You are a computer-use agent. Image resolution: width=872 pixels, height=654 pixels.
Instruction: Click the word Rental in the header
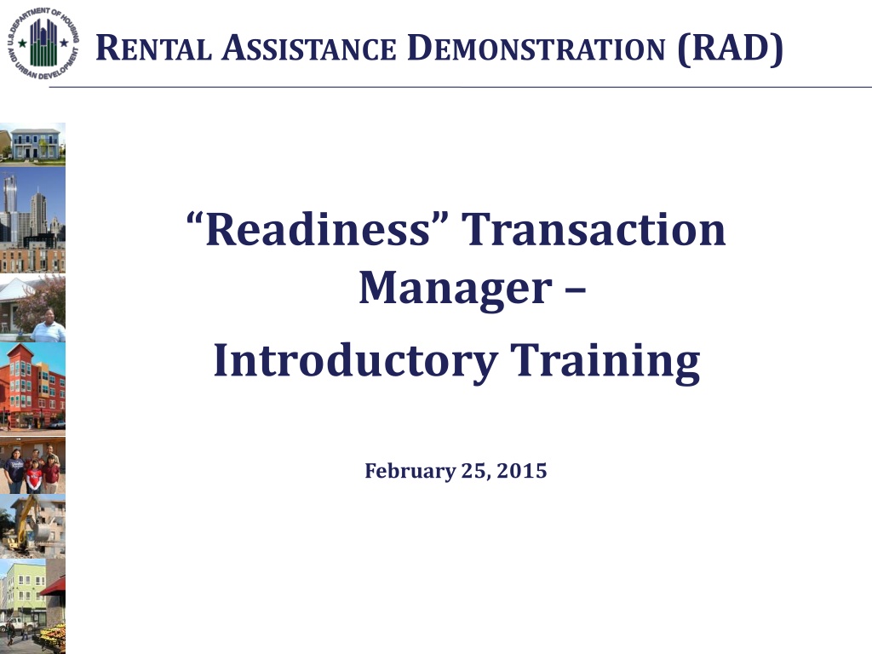[153, 48]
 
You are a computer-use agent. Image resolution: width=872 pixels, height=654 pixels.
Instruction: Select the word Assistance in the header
[308, 48]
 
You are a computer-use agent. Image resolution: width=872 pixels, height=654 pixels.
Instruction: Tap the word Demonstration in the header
[536, 48]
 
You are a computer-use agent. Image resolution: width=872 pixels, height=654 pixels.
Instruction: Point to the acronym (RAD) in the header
[730, 49]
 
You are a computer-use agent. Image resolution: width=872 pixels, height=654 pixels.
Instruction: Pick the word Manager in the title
[455, 289]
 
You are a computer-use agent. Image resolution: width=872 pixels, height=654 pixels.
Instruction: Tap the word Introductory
[355, 361]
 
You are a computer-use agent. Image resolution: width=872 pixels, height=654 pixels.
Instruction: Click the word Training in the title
[605, 361]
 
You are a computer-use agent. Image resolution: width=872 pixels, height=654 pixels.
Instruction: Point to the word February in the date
[410, 471]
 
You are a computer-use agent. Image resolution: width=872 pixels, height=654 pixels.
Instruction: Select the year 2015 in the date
[522, 470]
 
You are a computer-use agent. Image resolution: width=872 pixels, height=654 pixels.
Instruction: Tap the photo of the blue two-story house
[32, 144]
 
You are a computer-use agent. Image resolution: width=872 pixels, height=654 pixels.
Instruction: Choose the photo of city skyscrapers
[32, 220]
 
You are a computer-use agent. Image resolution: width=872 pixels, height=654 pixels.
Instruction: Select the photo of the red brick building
[32, 388]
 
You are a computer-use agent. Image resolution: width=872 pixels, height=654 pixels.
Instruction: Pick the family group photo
[32, 465]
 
